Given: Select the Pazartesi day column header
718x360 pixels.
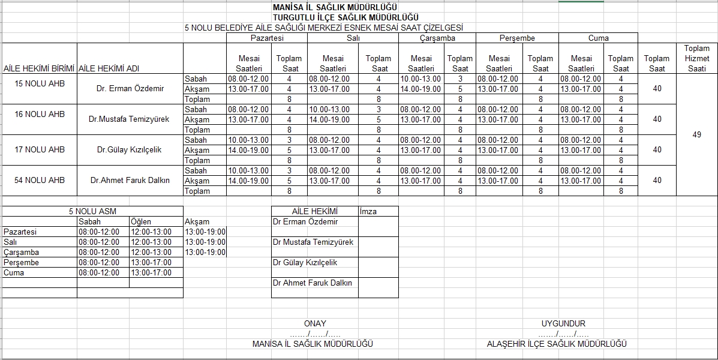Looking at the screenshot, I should click(267, 38).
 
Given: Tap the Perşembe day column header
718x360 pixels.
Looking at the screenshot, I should click(517, 38).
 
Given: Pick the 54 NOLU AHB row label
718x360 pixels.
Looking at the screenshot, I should click(40, 180).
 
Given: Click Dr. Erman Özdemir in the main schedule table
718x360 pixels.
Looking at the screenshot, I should click(130, 89).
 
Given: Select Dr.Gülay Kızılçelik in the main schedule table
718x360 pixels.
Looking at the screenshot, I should click(130, 149).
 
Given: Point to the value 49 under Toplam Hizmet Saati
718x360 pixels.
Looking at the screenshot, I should click(696, 135).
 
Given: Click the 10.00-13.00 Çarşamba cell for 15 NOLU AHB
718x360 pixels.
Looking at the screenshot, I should click(420, 79).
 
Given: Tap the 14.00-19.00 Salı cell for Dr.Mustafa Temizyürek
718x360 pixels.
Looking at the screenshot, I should click(329, 119).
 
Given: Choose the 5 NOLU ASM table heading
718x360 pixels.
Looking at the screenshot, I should click(92, 211).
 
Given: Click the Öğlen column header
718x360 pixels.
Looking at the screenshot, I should click(141, 221).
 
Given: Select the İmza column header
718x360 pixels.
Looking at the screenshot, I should click(368, 211).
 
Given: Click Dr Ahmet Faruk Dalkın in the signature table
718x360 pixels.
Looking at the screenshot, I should click(313, 283).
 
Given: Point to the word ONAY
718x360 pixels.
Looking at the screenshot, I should click(315, 323).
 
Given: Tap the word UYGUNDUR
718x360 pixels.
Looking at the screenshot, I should click(563, 323).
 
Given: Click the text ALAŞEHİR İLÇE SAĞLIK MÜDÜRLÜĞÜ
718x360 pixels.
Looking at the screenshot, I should click(557, 344).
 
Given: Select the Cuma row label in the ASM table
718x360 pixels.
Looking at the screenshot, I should click(14, 272).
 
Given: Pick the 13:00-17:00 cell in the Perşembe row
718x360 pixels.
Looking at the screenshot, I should click(151, 262).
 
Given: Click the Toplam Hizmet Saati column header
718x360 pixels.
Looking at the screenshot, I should click(696, 58).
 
